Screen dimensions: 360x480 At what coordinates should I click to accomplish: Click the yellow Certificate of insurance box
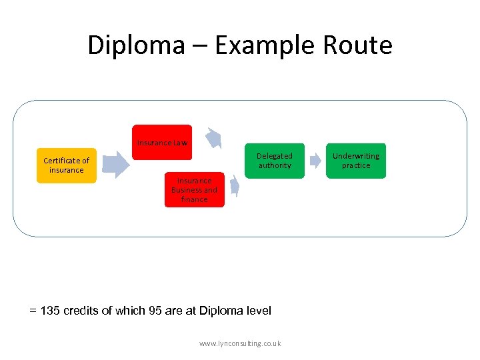click(x=67, y=165)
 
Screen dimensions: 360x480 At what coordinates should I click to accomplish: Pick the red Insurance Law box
click(x=162, y=142)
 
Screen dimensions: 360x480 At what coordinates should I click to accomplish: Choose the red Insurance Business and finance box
click(x=194, y=189)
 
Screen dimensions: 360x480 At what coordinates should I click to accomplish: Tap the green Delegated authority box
click(x=275, y=161)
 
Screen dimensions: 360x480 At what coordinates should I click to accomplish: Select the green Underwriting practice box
click(x=356, y=161)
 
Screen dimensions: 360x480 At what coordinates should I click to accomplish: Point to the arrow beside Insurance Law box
click(x=213, y=137)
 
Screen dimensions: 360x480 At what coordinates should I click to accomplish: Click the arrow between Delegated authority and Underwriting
click(x=315, y=161)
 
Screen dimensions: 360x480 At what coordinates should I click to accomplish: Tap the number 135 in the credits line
click(x=51, y=311)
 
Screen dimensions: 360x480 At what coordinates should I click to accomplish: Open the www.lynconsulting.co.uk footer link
click(x=240, y=343)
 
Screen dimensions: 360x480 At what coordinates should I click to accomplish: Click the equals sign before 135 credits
click(x=33, y=311)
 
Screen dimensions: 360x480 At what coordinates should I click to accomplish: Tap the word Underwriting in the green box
click(x=356, y=156)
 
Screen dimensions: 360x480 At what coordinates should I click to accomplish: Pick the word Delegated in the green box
click(x=275, y=156)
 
